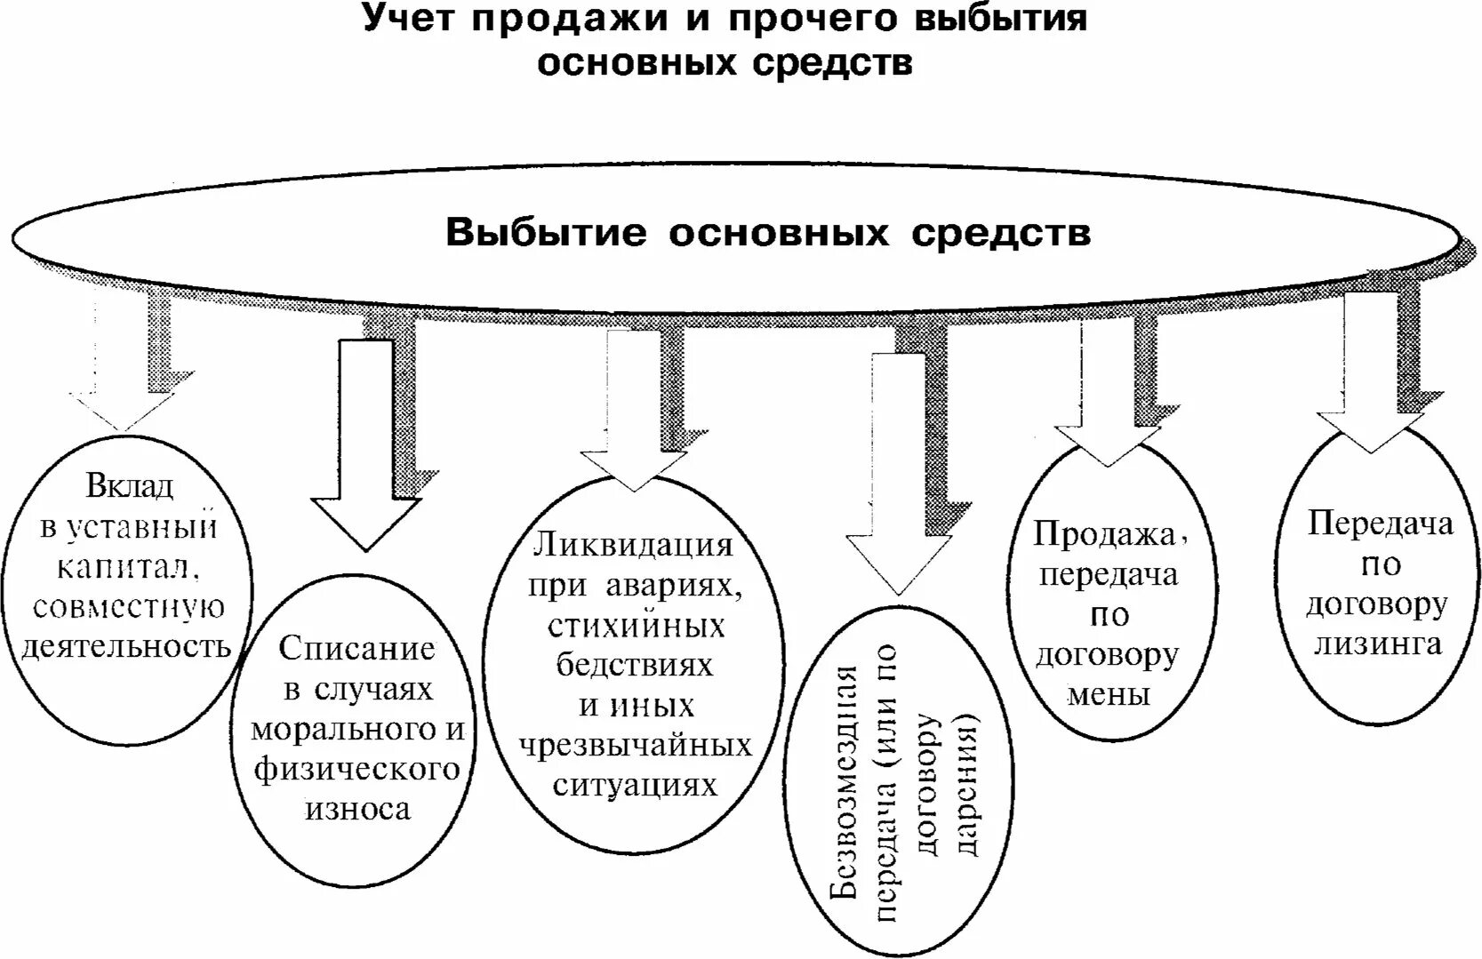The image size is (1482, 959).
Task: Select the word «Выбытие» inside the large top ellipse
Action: (x=546, y=233)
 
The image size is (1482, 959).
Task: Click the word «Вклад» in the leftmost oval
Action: (x=130, y=486)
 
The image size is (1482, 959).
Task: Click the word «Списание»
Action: (x=357, y=648)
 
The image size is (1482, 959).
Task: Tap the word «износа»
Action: (x=358, y=810)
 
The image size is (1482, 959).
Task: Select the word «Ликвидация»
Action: (x=633, y=545)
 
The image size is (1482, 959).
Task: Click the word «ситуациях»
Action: (x=635, y=786)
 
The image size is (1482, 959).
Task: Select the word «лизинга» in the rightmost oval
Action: (x=1378, y=643)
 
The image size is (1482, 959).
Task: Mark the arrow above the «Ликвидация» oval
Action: (x=633, y=409)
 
